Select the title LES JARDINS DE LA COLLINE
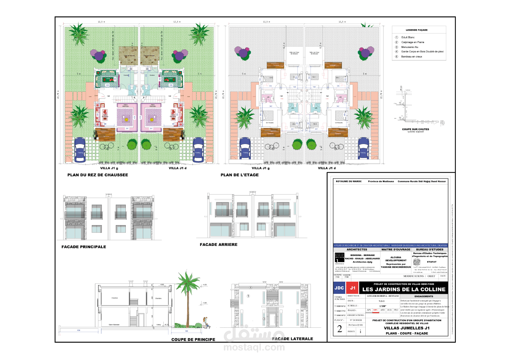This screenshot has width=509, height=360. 404,289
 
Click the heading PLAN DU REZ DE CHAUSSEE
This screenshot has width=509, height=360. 98,175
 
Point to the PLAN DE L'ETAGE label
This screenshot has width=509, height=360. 239,175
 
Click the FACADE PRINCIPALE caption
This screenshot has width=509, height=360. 84,247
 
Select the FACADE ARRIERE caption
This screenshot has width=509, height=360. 219,245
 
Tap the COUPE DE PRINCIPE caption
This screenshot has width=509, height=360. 193,339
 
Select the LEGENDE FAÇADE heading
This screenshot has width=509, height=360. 417,30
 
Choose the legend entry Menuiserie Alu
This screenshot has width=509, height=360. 411,46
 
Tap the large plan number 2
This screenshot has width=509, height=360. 340,329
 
